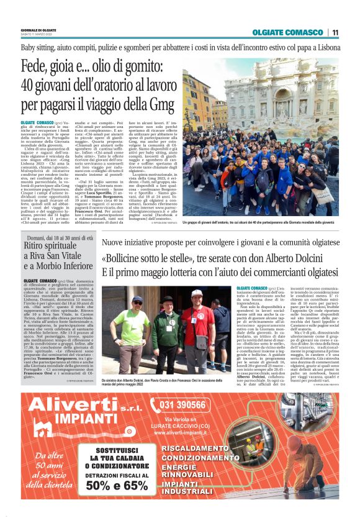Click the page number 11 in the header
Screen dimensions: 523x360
tap(335, 32)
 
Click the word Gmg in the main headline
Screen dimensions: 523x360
tap(159, 105)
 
